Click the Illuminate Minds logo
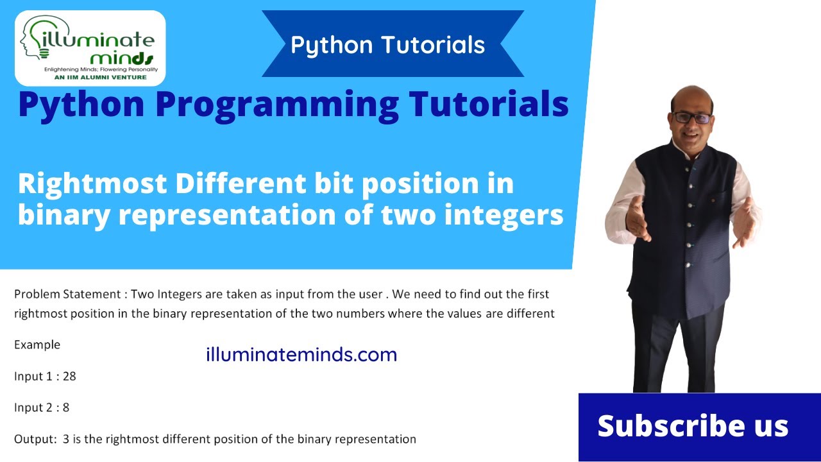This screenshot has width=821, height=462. (90, 48)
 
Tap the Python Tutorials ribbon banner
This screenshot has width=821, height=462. (387, 45)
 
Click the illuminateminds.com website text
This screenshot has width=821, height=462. (301, 354)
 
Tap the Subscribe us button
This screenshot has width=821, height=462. (693, 426)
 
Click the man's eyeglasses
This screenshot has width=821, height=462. (691, 118)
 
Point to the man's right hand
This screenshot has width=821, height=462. (638, 220)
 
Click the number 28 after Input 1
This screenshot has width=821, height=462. (69, 377)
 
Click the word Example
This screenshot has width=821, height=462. (37, 345)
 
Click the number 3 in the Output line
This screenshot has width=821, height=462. (66, 440)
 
